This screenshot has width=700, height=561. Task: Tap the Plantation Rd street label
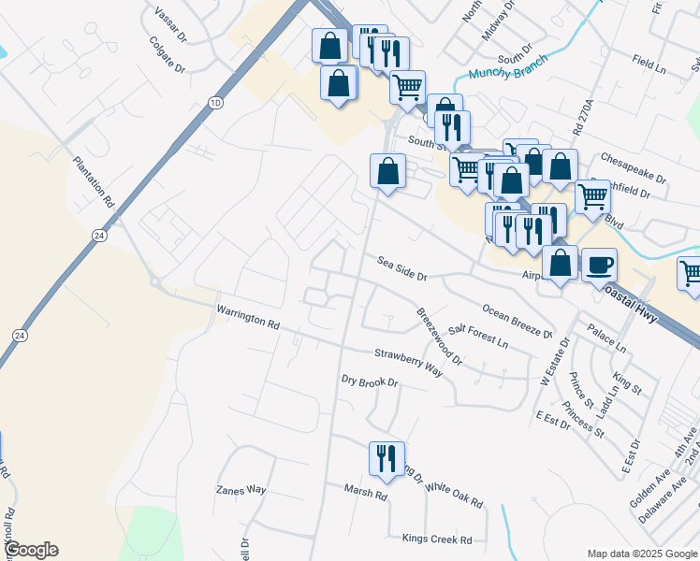[94, 181]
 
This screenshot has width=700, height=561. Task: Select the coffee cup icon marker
[599, 265]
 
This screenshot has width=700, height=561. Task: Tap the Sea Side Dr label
[402, 270]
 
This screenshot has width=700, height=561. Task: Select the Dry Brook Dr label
[370, 381]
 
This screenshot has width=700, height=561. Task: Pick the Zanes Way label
[241, 490]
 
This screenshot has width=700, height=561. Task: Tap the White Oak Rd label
[454, 495]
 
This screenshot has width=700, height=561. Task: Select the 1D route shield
[216, 101]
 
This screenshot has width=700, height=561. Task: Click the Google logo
[30, 550]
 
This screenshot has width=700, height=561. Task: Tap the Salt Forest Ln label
[478, 337]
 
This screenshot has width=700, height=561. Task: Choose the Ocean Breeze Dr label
[518, 321]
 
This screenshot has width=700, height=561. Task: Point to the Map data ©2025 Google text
[641, 554]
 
